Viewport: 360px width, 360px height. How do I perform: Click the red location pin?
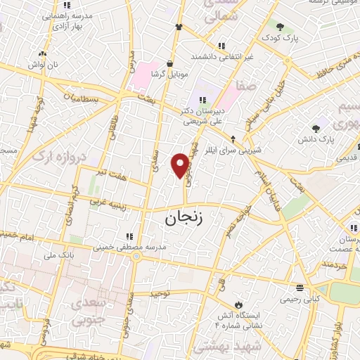[x=181, y=165]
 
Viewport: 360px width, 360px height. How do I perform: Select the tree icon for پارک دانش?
[x=316, y=128]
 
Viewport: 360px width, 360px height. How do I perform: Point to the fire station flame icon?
[x=239, y=304]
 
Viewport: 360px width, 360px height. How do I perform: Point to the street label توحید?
[x=161, y=293]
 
